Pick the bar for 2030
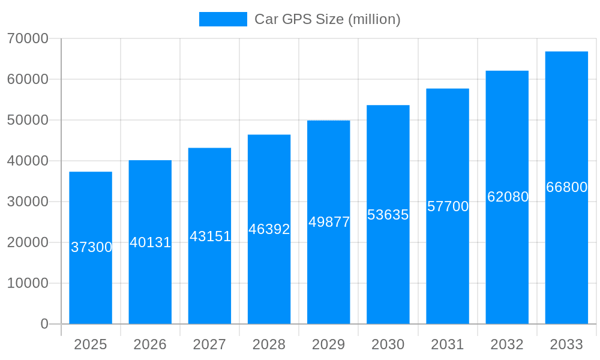click(388, 270)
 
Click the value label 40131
click(151, 242)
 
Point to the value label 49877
click(329, 222)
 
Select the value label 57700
click(448, 206)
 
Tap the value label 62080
click(508, 197)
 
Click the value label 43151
click(210, 236)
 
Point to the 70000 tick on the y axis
click(28, 38)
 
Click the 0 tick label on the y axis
click(44, 324)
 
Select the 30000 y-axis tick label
click(28, 202)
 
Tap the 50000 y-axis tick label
click(28, 120)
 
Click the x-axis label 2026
click(150, 344)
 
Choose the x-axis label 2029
click(328, 344)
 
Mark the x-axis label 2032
click(507, 344)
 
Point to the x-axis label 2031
click(448, 344)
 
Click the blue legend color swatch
click(223, 19)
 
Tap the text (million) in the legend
click(374, 19)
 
